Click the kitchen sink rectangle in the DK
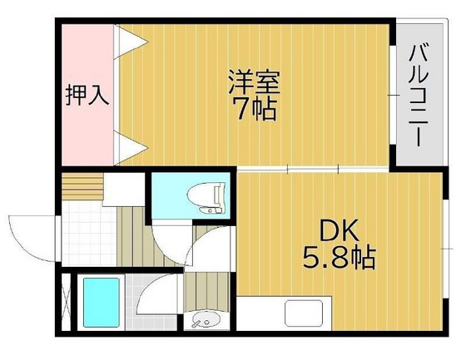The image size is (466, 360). (x=308, y=313)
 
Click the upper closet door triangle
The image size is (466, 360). (x=130, y=41)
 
